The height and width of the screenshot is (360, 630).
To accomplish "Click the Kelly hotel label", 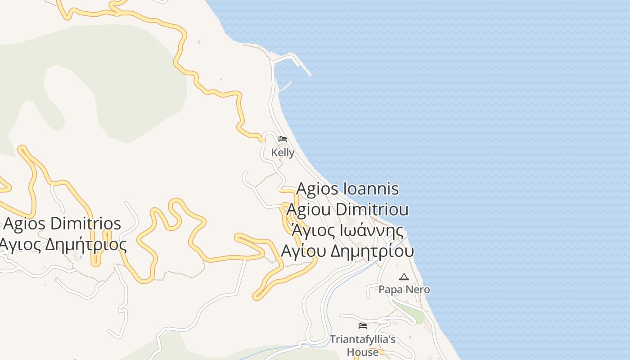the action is click(283, 153).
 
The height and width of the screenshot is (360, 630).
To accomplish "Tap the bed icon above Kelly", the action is click(283, 139).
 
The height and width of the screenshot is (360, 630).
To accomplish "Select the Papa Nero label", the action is click(404, 289).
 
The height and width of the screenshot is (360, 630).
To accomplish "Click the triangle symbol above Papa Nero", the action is click(404, 277).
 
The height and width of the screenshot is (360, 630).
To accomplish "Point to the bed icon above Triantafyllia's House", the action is click(363, 326).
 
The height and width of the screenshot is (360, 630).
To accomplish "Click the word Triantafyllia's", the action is click(363, 339).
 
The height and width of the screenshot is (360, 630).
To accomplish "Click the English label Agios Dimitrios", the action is click(62, 224).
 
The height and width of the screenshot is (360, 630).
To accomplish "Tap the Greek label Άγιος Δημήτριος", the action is click(62, 244).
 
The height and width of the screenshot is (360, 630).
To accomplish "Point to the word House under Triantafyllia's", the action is click(363, 352).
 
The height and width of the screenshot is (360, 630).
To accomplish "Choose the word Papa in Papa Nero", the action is click(390, 289).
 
